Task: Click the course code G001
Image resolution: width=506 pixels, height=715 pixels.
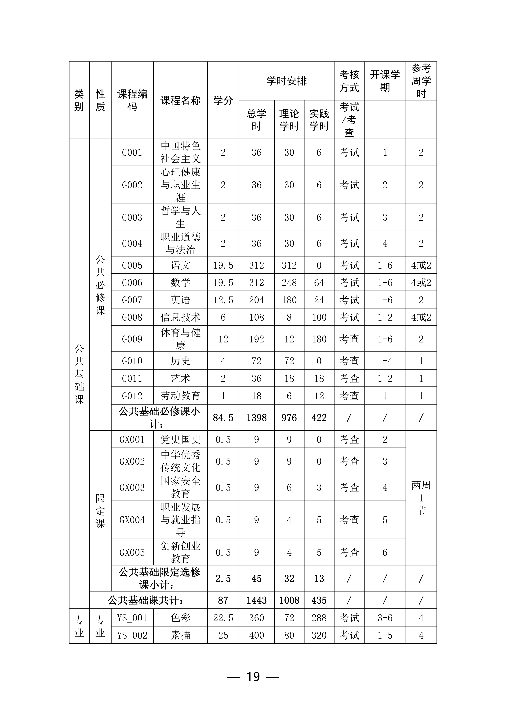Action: point(132,153)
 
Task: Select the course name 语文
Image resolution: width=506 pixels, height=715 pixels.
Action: point(180,265)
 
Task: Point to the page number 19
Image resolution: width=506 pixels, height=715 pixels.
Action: point(253,677)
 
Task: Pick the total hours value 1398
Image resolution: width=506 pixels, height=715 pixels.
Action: point(256,418)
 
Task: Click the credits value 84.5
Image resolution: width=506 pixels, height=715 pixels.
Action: point(223,418)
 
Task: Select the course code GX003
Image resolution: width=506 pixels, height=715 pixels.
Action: point(132,487)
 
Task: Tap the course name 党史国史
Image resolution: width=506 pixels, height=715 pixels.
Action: point(180,439)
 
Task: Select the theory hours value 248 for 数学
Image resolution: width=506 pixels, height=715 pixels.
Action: point(289,283)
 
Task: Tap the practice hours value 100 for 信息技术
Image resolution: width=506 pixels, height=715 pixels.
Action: point(319,317)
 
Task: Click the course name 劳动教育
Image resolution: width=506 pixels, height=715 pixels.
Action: point(180,396)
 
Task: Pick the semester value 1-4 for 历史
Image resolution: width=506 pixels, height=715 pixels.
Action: point(385,361)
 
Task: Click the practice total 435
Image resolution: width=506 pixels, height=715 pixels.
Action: point(319,600)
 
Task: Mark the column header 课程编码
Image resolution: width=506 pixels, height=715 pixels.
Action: point(132,100)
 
